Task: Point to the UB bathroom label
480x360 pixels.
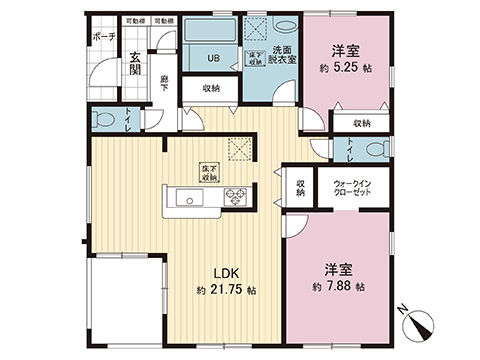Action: click(x=213, y=58)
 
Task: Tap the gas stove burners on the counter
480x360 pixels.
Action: click(x=237, y=196)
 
